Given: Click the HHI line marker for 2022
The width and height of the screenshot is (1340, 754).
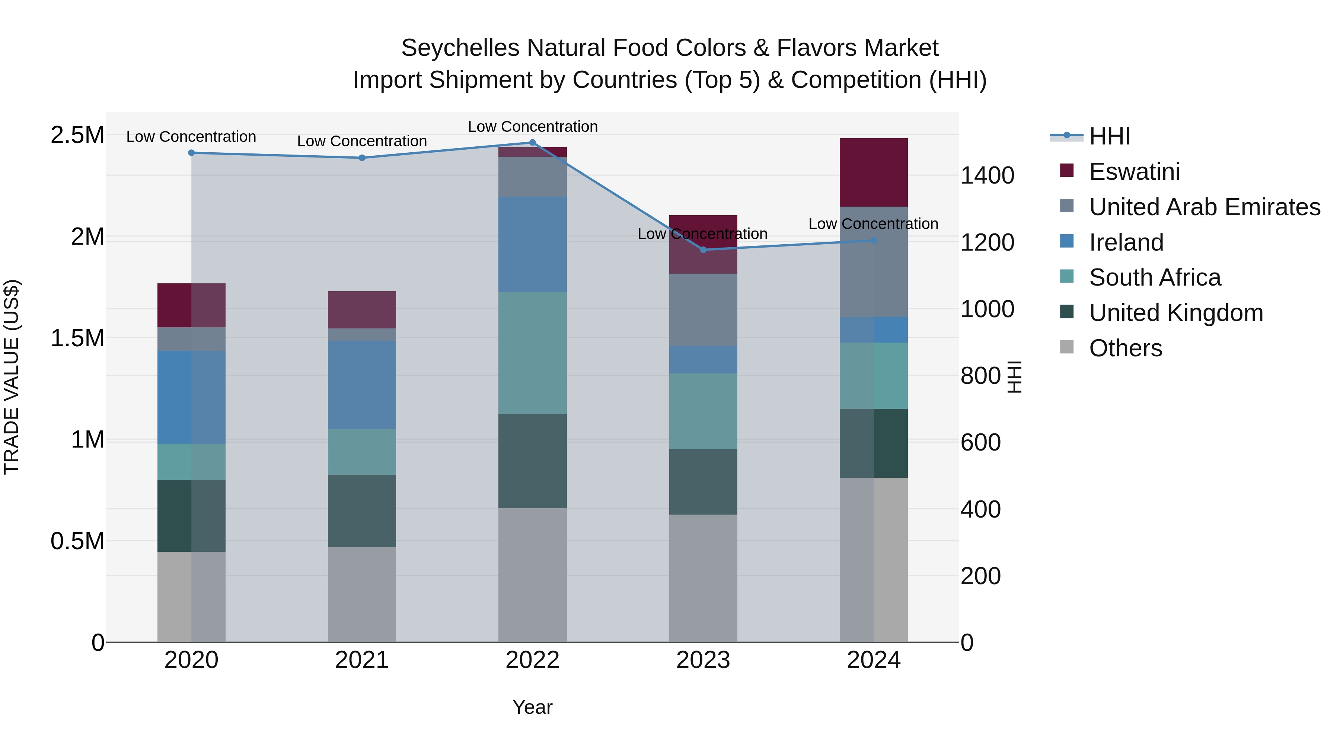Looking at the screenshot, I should [532, 143].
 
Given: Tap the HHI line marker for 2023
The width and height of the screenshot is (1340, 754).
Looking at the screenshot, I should [703, 250].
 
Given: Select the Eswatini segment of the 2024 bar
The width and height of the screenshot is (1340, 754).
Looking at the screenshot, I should [873, 172].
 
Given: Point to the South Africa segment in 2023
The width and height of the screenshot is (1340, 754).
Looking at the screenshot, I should [703, 411].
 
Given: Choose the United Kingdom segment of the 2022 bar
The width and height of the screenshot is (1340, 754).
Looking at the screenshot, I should [532, 461].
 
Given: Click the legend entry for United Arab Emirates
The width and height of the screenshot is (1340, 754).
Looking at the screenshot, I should [1204, 207].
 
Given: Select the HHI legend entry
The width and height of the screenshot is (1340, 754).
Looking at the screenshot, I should [1109, 136].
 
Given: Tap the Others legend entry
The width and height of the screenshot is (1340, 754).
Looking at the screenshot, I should [1125, 348].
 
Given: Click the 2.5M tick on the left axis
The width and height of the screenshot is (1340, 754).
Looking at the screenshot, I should [77, 135].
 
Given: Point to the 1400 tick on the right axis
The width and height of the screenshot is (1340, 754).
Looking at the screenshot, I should [987, 175].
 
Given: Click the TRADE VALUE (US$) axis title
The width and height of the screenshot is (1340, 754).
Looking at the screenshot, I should [12, 377].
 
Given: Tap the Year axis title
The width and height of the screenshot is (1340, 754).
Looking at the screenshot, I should [532, 707].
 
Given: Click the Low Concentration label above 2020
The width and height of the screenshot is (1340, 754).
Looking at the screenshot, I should [191, 137].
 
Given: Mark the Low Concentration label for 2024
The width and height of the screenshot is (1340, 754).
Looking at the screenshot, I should [873, 224].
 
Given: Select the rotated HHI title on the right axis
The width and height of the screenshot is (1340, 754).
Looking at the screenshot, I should [1014, 377].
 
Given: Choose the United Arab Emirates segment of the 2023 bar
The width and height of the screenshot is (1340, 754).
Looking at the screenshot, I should [703, 310].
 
